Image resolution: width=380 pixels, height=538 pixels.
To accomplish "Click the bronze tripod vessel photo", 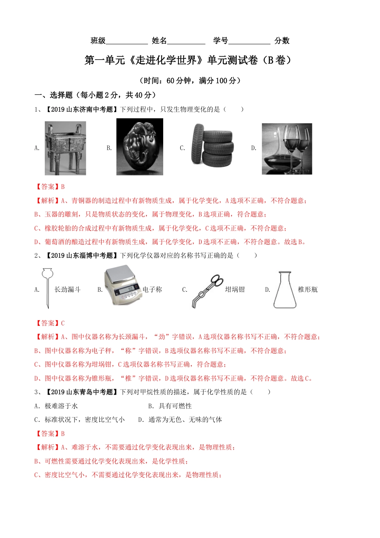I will click(65, 148).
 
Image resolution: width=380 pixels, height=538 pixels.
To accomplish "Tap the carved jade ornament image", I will click(140, 147).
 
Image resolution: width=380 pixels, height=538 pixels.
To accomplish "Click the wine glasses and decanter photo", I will click(287, 149).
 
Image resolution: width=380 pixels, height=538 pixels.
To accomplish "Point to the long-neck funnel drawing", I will click(47, 288).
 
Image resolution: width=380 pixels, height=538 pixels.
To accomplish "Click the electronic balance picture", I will click(123, 285).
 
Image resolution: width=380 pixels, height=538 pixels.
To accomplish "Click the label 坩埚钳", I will click(235, 289).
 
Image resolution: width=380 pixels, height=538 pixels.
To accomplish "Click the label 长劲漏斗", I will click(67, 289).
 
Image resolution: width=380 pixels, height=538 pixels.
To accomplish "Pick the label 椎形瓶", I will click(308, 289).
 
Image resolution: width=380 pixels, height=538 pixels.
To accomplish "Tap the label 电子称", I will click(152, 289).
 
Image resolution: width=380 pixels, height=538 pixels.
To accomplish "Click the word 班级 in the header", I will click(98, 40).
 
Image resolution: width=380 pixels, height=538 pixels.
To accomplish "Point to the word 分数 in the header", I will click(282, 40).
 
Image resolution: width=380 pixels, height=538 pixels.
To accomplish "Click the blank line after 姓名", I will click(186, 42).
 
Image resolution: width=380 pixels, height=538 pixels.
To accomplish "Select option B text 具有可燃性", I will click(175, 406).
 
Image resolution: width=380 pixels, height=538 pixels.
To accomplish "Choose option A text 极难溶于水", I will click(61, 406).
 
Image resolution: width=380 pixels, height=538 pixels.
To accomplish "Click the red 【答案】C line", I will click(50, 323).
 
